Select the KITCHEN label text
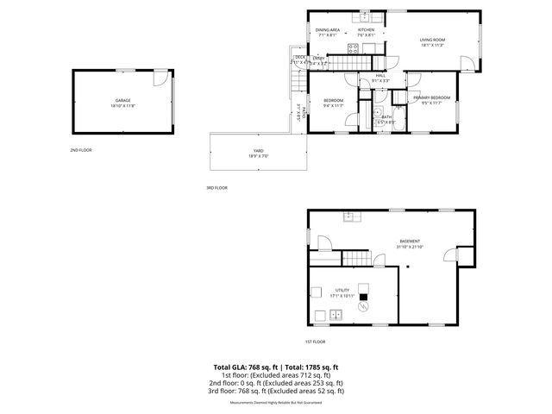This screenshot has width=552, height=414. pyautogui.click(x=367, y=30)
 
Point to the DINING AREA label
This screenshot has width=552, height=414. pyautogui.click(x=328, y=30)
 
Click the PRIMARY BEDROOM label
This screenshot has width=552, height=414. pyautogui.click(x=431, y=98)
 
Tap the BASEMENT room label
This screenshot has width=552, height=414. pyautogui.click(x=410, y=241)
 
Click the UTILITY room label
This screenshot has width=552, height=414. pyautogui.click(x=342, y=291)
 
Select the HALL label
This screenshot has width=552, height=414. pyautogui.click(x=380, y=76)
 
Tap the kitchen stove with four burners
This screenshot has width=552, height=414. pyautogui.click(x=352, y=49)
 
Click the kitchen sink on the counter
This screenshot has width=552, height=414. pyautogui.click(x=365, y=16)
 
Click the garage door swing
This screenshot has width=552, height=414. pyautogui.click(x=160, y=78)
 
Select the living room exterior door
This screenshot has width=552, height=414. pyautogui.click(x=467, y=63)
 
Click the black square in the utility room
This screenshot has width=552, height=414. pyautogui.click(x=363, y=304)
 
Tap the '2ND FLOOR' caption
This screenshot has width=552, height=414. pyautogui.click(x=81, y=150)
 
